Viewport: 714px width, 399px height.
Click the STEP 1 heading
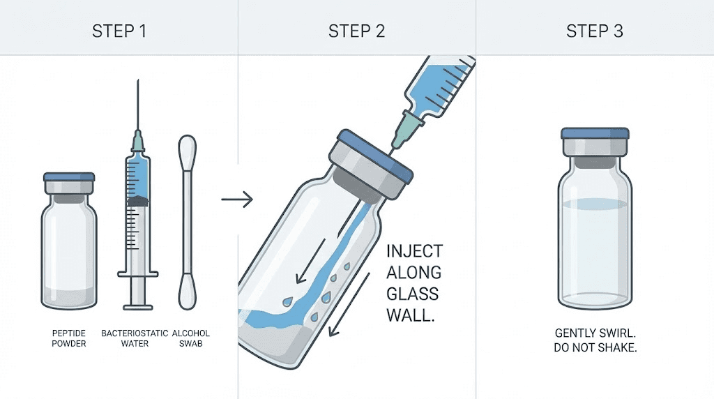pos(119,31)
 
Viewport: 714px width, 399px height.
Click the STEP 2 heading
pos(356,31)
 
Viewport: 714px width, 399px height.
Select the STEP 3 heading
pos(594,31)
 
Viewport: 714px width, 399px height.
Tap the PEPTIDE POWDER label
pos(68,338)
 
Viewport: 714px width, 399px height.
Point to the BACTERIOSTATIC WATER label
pos(135,338)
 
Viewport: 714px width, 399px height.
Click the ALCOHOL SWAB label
pos(190,338)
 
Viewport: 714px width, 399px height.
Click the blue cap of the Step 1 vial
pos(68,178)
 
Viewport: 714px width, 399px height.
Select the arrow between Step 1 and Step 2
pos(236,200)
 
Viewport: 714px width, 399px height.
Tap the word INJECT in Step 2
pos(414,251)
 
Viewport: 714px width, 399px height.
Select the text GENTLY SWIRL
pos(594,334)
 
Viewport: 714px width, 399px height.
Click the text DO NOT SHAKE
pos(594,347)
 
